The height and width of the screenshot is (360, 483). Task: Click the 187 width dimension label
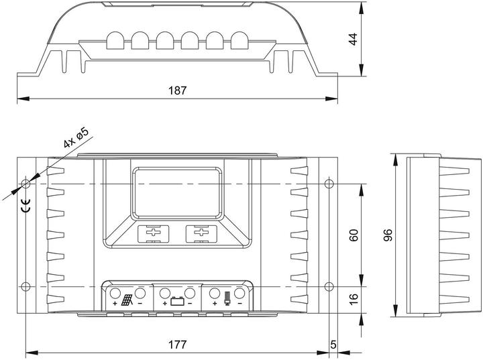[177, 91]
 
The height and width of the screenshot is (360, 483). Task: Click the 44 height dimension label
[354, 39]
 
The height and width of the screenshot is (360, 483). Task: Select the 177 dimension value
[177, 345]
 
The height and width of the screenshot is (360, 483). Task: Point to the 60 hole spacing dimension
[354, 235]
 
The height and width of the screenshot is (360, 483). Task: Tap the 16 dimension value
[354, 299]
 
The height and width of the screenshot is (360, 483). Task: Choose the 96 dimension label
[388, 235]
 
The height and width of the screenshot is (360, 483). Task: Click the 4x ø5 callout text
[76, 137]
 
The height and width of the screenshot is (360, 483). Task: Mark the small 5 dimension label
[333, 345]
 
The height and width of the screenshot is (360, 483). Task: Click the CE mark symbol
[26, 206]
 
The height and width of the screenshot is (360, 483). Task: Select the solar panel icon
[127, 300]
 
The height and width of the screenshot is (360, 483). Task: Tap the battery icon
[177, 301]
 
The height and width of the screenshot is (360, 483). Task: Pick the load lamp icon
[227, 299]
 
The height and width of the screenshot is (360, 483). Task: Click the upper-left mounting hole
[26, 184]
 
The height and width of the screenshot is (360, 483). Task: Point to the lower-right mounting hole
[329, 286]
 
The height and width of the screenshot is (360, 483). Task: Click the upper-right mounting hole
[329, 184]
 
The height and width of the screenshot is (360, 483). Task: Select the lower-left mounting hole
[26, 286]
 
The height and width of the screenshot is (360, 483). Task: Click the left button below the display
[153, 233]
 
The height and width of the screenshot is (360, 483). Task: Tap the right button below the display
[201, 233]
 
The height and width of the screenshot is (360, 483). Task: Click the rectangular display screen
[177, 193]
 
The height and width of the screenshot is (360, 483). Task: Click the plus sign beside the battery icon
[165, 304]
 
